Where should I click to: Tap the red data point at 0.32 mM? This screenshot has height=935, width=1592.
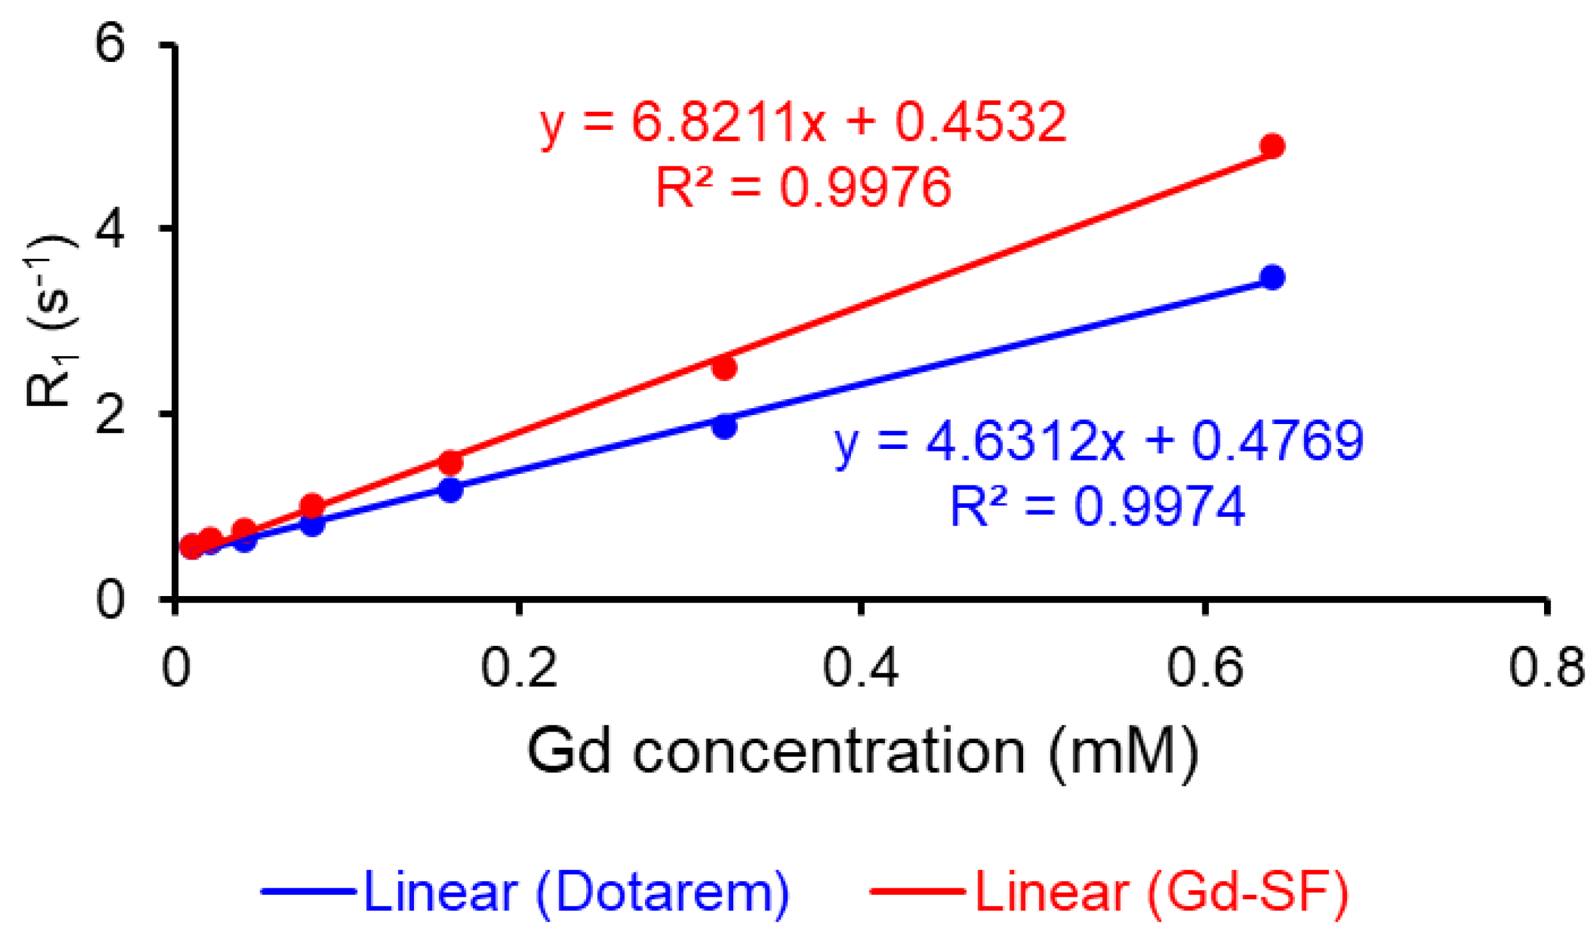pos(724,368)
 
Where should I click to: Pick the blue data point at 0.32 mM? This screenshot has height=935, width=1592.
pos(724,427)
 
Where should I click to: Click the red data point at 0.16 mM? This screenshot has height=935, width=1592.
pos(450,462)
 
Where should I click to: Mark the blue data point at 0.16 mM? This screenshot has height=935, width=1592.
pos(450,490)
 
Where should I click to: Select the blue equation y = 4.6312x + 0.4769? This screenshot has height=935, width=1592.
pos(1099,441)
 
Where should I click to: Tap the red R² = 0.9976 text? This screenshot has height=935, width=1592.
pos(804,187)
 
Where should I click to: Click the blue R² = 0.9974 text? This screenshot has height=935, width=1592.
pos(1098,507)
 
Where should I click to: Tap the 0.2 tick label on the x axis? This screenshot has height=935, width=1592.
pos(519,668)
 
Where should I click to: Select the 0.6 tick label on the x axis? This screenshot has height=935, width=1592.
pos(1204,668)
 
